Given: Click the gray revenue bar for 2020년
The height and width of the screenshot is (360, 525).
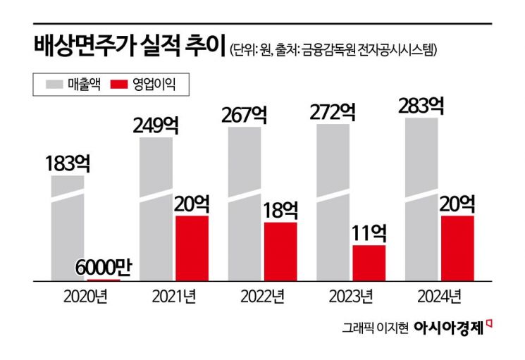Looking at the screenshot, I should tap(68, 229).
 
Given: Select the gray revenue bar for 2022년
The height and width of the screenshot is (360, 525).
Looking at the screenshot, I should tap(245, 204).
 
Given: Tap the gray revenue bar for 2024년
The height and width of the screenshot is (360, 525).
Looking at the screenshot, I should tap(421, 201).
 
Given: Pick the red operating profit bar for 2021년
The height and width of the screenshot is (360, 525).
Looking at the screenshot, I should tap(192, 248).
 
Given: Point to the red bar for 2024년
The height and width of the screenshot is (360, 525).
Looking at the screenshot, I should tap(457, 248).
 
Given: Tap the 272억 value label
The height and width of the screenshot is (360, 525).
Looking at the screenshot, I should tap(334, 113).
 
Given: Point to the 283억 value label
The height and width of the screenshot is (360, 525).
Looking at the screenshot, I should tap(421, 106).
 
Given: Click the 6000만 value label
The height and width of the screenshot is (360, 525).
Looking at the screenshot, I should tap(104, 268).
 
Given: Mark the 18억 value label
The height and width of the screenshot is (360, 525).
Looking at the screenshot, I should tap(280, 210).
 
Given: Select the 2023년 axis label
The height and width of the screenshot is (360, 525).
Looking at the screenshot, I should tap(351, 295).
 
